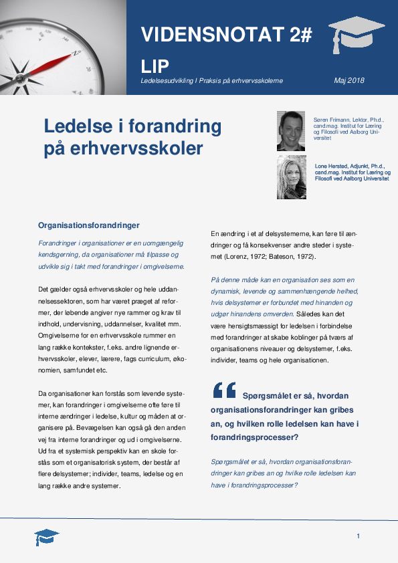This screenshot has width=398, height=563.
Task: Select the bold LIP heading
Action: pyautogui.click(x=155, y=66)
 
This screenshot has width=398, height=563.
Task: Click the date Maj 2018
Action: pyautogui.click(x=349, y=80)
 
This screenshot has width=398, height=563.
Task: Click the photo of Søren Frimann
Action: pyautogui.click(x=291, y=130)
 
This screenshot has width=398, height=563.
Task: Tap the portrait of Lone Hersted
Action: pyautogui.click(x=291, y=177)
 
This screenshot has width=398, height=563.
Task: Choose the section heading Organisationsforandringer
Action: pyautogui.click(x=88, y=225)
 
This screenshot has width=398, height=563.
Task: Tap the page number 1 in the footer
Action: pyautogui.click(x=359, y=536)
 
